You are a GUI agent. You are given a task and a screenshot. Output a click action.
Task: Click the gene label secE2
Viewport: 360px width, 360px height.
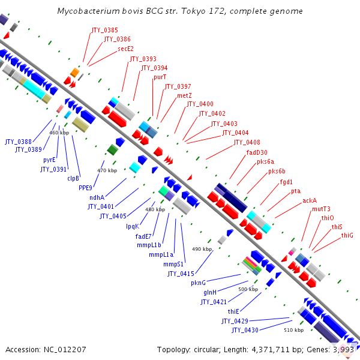(x=125, y=49)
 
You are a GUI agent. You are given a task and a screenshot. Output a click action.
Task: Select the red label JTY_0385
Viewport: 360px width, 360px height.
(x=104, y=29)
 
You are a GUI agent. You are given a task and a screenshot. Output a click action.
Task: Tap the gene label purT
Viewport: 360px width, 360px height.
(x=160, y=77)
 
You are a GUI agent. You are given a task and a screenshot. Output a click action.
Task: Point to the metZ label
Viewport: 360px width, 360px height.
(x=184, y=96)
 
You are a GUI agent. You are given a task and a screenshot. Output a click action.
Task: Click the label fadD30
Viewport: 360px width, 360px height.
(x=257, y=152)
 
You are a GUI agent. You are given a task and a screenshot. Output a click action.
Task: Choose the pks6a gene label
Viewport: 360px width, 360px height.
(x=265, y=161)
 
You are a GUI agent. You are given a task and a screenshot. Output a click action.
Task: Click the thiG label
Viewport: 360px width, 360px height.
(x=347, y=236)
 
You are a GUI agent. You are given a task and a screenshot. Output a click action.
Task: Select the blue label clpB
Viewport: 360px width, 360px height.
(x=73, y=178)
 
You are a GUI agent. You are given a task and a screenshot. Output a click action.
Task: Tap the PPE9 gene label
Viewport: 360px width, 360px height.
(x=85, y=188)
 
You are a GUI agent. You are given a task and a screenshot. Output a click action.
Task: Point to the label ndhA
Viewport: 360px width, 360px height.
(x=97, y=197)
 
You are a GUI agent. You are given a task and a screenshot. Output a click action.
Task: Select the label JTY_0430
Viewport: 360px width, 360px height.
(x=245, y=330)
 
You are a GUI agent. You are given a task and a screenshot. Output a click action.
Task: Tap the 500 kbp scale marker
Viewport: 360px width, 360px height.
(x=248, y=289)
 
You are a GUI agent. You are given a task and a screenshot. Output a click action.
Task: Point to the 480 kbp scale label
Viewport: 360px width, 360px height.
(x=155, y=209)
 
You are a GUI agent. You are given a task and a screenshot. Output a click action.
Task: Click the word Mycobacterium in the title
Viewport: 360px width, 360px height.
(x=85, y=11)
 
